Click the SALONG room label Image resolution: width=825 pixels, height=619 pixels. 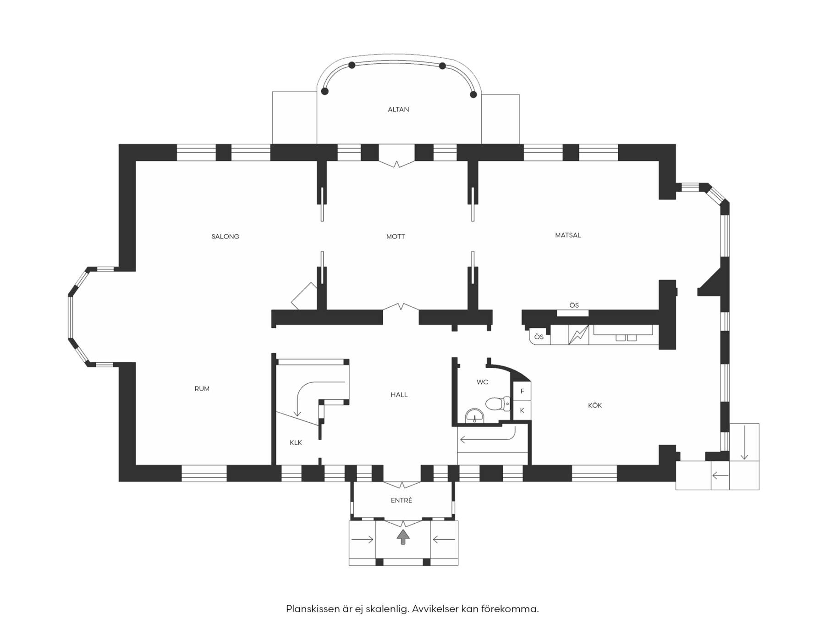click(x=225, y=237)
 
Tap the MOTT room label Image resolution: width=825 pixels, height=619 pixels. click(x=396, y=237)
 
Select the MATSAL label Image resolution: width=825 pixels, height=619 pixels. click(x=568, y=235)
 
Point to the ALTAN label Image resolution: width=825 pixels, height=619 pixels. click(x=398, y=110)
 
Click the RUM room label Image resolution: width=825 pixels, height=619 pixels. click(x=202, y=389)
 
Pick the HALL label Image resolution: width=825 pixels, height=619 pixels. click(x=399, y=395)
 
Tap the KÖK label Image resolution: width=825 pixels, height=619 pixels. click(x=595, y=405)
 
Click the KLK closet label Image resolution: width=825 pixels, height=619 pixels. click(x=296, y=443)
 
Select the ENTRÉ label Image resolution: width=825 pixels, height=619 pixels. click(x=401, y=501)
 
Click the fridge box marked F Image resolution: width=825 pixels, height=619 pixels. click(x=522, y=391)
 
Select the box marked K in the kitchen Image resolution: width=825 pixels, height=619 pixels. click(x=522, y=410)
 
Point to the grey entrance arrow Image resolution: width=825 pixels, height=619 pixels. click(x=403, y=536)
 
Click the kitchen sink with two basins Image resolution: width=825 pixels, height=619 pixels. click(x=626, y=337)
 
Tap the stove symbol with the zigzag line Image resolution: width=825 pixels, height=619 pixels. click(x=578, y=335)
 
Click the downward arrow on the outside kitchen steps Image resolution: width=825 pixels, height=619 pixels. click(x=744, y=442)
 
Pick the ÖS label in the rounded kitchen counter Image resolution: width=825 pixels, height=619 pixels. click(x=539, y=337)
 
